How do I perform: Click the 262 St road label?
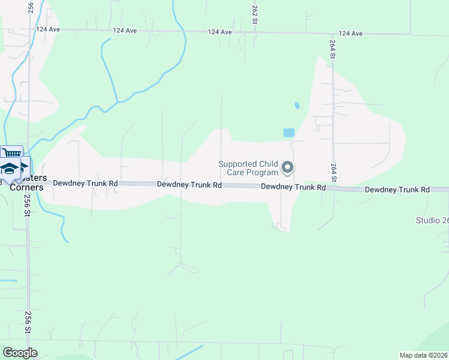tap(255, 15)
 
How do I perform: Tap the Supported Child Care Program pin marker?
tap(288, 167)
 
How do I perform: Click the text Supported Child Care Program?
tap(248, 168)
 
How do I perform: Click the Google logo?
tap(20, 353)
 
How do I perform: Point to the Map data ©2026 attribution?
tap(423, 355)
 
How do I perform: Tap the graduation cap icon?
tap(10, 169)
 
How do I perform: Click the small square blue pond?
tap(289, 133)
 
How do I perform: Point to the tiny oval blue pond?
tap(297, 106)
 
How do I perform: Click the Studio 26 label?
tap(432, 220)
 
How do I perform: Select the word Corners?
tap(26, 187)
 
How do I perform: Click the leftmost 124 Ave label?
tap(48, 29)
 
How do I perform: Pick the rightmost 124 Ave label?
tap(351, 34)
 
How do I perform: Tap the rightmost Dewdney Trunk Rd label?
tap(397, 190)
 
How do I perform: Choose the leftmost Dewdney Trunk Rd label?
tap(85, 183)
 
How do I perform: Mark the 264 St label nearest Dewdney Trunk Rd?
tap(334, 171)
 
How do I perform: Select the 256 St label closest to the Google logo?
tap(28, 322)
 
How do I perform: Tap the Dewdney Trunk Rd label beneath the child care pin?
tap(293, 187)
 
